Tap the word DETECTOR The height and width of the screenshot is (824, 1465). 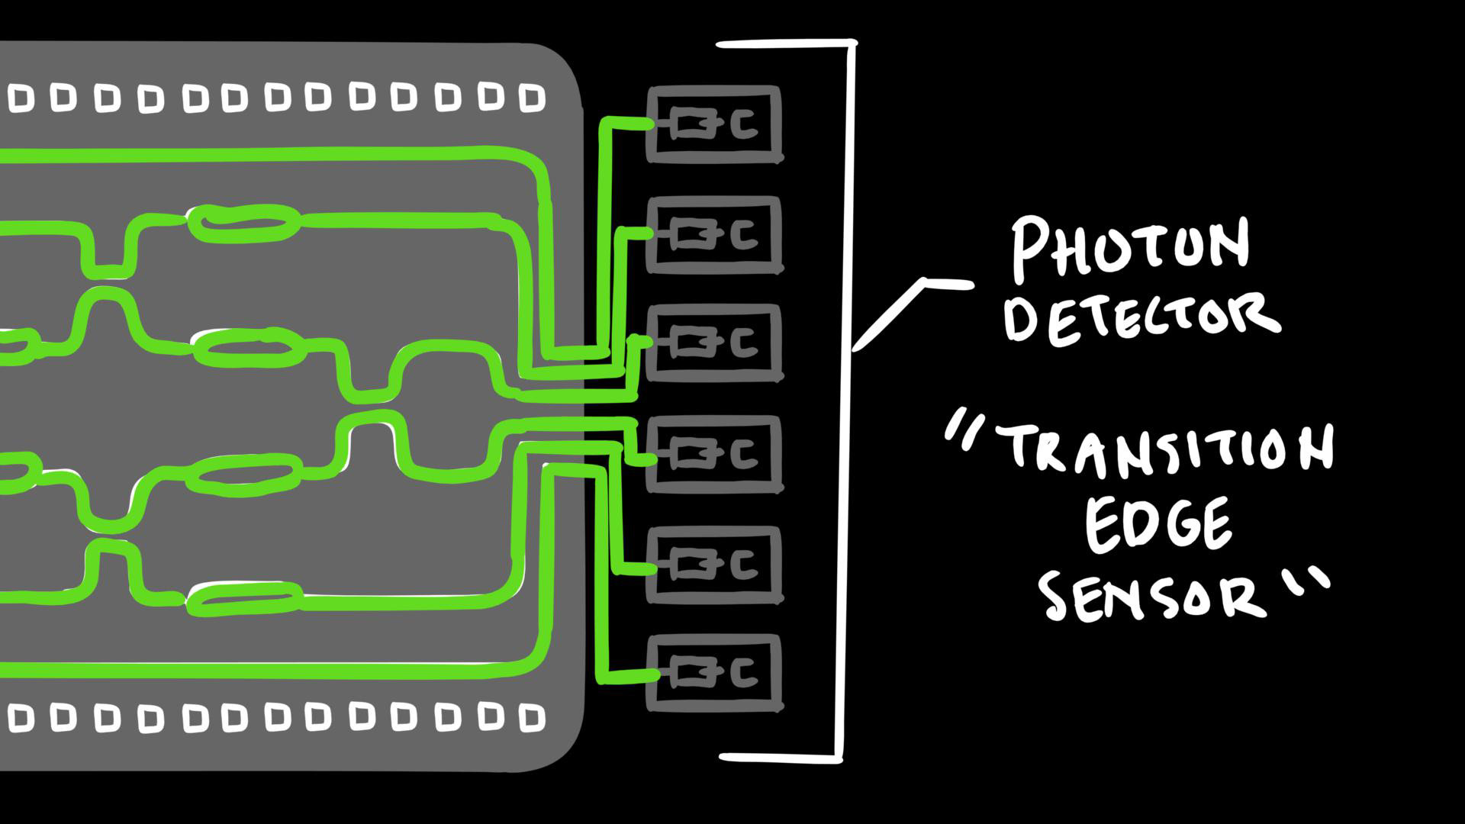pyautogui.click(x=1141, y=317)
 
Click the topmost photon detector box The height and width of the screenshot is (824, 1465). pyautogui.click(x=714, y=124)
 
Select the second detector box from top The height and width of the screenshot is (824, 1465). pyautogui.click(x=714, y=235)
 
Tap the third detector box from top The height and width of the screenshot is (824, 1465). pyautogui.click(x=714, y=343)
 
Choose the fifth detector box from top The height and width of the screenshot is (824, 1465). pyautogui.click(x=714, y=565)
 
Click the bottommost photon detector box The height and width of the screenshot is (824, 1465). pyautogui.click(x=714, y=673)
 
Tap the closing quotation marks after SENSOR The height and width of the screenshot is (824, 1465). pyautogui.click(x=1308, y=580)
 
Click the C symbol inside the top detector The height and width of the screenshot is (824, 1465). pyautogui.click(x=744, y=124)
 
